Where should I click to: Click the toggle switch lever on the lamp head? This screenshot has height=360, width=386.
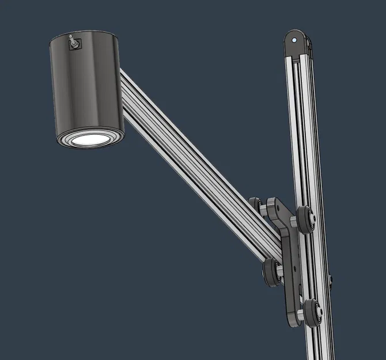click(73, 41)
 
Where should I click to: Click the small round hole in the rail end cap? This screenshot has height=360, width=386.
click(295, 41)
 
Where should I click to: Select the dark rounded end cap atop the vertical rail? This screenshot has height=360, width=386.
click(298, 46)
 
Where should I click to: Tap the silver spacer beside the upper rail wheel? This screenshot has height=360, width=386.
click(298, 219)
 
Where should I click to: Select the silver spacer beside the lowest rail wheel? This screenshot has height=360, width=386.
click(304, 311)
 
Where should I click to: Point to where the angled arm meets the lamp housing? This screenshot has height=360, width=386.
click(123, 78)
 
